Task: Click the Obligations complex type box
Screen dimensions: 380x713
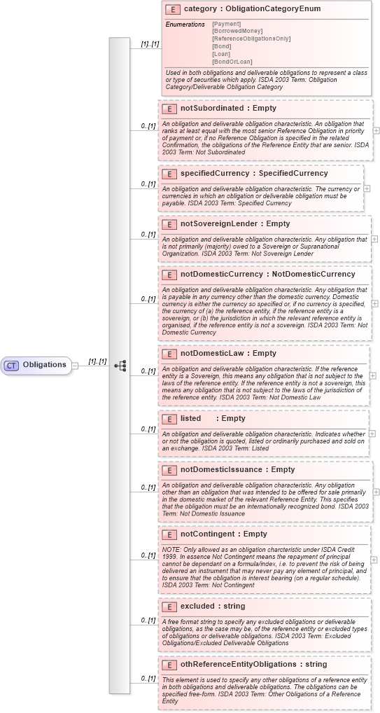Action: [39, 365]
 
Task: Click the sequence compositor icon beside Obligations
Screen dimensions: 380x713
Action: [120, 366]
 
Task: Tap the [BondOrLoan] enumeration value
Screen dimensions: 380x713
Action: [232, 62]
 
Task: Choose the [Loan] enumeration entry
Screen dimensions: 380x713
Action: [221, 54]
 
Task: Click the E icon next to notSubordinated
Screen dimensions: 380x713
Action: [169, 109]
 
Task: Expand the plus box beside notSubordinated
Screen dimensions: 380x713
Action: [377, 130]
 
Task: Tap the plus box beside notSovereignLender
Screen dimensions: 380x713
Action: [375, 239]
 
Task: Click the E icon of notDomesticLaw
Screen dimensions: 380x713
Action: [169, 354]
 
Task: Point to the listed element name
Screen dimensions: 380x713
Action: [191, 418]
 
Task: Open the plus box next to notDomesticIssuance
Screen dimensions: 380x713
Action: [377, 492]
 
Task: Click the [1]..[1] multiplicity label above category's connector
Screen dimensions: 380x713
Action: [150, 44]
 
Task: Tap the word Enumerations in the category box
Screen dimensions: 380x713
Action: [185, 25]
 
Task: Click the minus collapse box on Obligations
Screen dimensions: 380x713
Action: [75, 365]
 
